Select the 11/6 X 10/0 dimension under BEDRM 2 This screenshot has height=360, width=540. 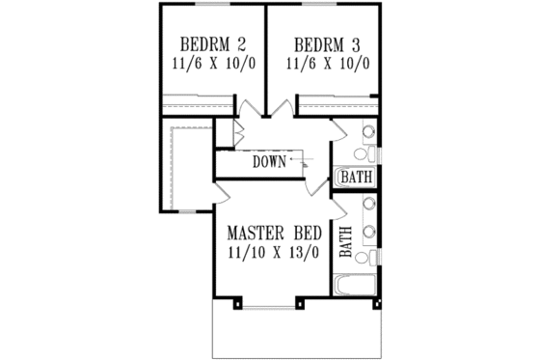pyautogui.click(x=210, y=65)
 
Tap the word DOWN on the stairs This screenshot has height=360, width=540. pyautogui.click(x=270, y=162)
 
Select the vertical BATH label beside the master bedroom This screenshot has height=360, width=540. pyautogui.click(x=344, y=236)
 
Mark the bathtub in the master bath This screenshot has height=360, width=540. pyautogui.click(x=356, y=286)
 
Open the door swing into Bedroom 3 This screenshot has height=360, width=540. pyautogui.click(x=285, y=108)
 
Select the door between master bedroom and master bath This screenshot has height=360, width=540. pyautogui.click(x=337, y=203)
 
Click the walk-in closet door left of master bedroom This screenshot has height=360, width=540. pyautogui.click(x=220, y=193)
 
